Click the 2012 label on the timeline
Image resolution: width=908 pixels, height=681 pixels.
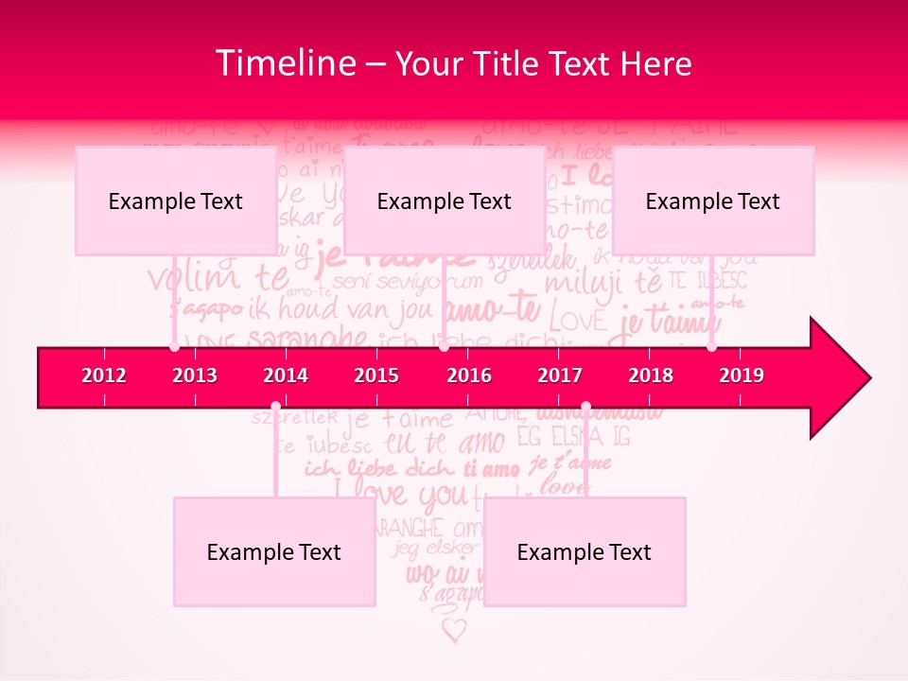pyautogui.click(x=104, y=375)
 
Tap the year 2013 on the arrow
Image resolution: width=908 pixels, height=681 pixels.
pyautogui.click(x=195, y=375)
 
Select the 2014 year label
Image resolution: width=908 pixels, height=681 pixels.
pyautogui.click(x=286, y=375)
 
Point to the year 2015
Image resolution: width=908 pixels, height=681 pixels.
pyautogui.click(x=376, y=375)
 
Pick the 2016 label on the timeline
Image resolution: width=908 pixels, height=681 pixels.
pyautogui.click(x=469, y=375)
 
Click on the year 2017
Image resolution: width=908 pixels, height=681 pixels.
pyautogui.click(x=560, y=375)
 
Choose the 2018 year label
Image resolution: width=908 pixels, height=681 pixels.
pyautogui.click(x=651, y=375)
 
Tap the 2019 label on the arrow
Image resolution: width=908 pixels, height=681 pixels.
pyautogui.click(x=742, y=375)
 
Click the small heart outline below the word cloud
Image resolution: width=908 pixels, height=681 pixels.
pyautogui.click(x=455, y=630)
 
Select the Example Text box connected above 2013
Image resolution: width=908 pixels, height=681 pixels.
pyautogui.click(x=176, y=201)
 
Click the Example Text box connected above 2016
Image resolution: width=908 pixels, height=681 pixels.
pyautogui.click(x=445, y=201)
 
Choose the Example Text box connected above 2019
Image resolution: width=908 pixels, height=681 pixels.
pyautogui.click(x=713, y=201)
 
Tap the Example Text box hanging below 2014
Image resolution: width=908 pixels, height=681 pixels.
pyautogui.click(x=274, y=551)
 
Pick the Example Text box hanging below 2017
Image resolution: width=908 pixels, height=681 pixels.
pyautogui.click(x=585, y=551)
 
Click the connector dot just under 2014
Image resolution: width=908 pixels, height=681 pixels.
pyautogui.click(x=275, y=408)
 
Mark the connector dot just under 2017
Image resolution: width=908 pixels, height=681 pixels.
pyautogui.click(x=585, y=408)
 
